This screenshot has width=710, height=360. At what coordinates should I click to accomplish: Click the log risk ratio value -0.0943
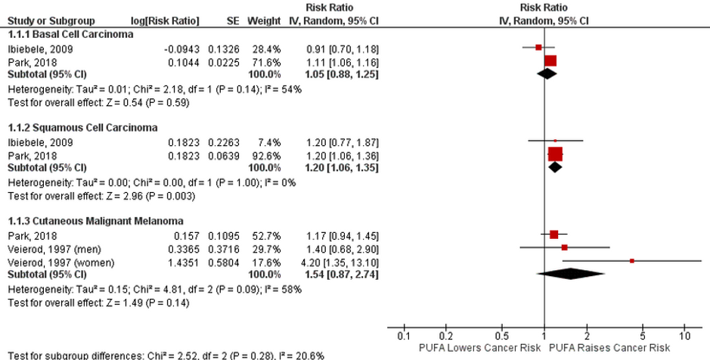[182, 48]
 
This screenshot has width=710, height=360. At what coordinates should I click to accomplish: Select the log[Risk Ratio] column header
[166, 20]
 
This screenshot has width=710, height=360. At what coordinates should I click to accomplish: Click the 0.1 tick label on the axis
[404, 336]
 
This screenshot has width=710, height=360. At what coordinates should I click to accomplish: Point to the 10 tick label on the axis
[685, 336]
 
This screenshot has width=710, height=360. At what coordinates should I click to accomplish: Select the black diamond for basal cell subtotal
[547, 73]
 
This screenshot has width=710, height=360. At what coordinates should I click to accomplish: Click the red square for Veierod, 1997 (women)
[632, 260]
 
